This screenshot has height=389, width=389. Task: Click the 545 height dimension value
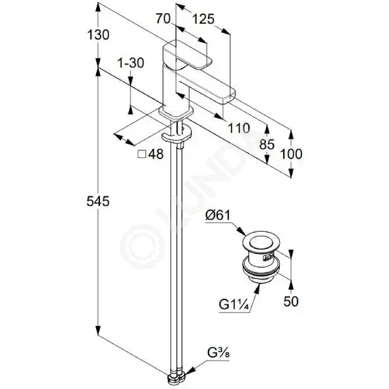coord(98,201)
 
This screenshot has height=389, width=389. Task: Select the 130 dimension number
coord(98,34)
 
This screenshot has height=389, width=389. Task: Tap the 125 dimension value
coord(203,19)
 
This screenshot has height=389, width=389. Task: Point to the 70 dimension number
coord(163,18)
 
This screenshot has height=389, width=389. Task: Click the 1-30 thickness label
coord(131,63)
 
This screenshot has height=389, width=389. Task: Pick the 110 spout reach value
coord(239,128)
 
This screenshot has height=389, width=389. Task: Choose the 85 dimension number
coord(267,144)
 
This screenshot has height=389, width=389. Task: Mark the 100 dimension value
coord(291,154)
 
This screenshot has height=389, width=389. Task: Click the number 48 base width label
coord(156,154)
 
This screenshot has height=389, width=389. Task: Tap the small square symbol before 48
coord(142,154)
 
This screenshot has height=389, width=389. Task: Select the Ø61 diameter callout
coord(218,215)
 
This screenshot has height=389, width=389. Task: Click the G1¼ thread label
coord(234,304)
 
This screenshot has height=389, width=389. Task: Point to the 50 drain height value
coord(291,301)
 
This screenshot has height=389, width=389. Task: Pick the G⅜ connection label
coord(219,353)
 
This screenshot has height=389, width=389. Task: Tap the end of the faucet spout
coord(230,96)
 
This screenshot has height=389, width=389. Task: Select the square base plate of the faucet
coord(176,112)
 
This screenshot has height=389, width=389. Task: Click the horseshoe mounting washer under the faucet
coord(176,135)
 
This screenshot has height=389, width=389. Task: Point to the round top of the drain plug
coord(261,241)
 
